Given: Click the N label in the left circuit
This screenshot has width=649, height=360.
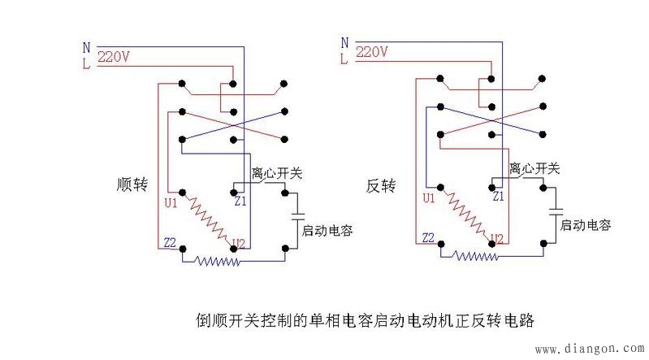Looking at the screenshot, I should click(87, 47).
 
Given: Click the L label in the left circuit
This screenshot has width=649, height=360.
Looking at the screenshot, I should click(87, 62).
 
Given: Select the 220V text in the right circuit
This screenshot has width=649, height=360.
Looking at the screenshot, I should click(371, 52).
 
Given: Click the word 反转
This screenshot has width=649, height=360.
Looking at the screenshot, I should click(380, 186).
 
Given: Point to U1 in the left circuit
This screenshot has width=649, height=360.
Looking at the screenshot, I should click(171, 202).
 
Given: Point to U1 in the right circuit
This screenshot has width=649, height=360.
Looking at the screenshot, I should click(429, 198).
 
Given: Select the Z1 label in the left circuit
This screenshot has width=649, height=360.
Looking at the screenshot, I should click(240, 200).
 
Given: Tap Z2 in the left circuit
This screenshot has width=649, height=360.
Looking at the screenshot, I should click(170, 241).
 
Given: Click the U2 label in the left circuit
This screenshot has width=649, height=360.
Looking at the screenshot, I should click(239, 242).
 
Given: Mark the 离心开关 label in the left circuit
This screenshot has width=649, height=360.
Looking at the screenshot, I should click(277, 173).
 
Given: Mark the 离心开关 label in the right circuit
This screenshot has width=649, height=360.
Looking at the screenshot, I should click(534, 169).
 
